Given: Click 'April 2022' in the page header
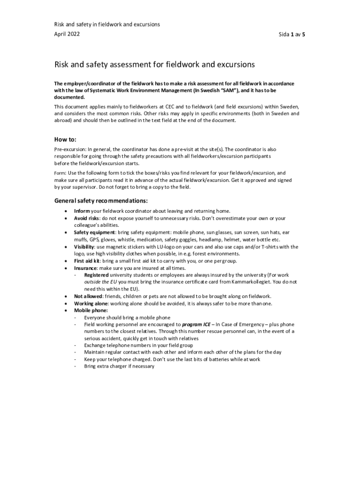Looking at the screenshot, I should [67, 34].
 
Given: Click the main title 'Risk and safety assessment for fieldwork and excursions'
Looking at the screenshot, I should [154, 64].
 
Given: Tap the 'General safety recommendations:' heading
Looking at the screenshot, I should [101, 201].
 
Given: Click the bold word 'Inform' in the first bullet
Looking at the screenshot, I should [82, 211].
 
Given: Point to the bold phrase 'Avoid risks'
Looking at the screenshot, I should [86, 218].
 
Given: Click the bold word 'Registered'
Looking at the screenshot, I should [96, 275].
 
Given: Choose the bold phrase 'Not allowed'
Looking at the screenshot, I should [88, 297].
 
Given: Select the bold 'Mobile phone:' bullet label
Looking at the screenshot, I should [91, 310].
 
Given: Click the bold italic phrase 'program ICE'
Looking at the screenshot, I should [196, 324].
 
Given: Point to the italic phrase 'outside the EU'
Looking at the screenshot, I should [100, 282].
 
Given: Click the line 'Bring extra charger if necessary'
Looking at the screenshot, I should [119, 366].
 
